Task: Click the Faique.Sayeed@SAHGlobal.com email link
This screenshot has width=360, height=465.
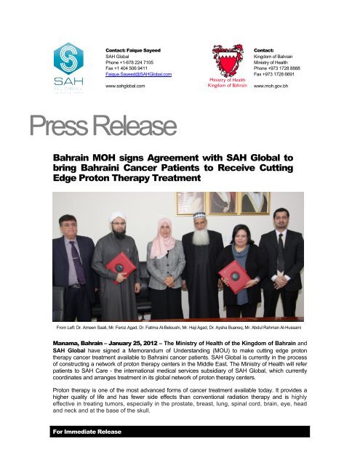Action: pyautogui.click(x=138, y=74)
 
